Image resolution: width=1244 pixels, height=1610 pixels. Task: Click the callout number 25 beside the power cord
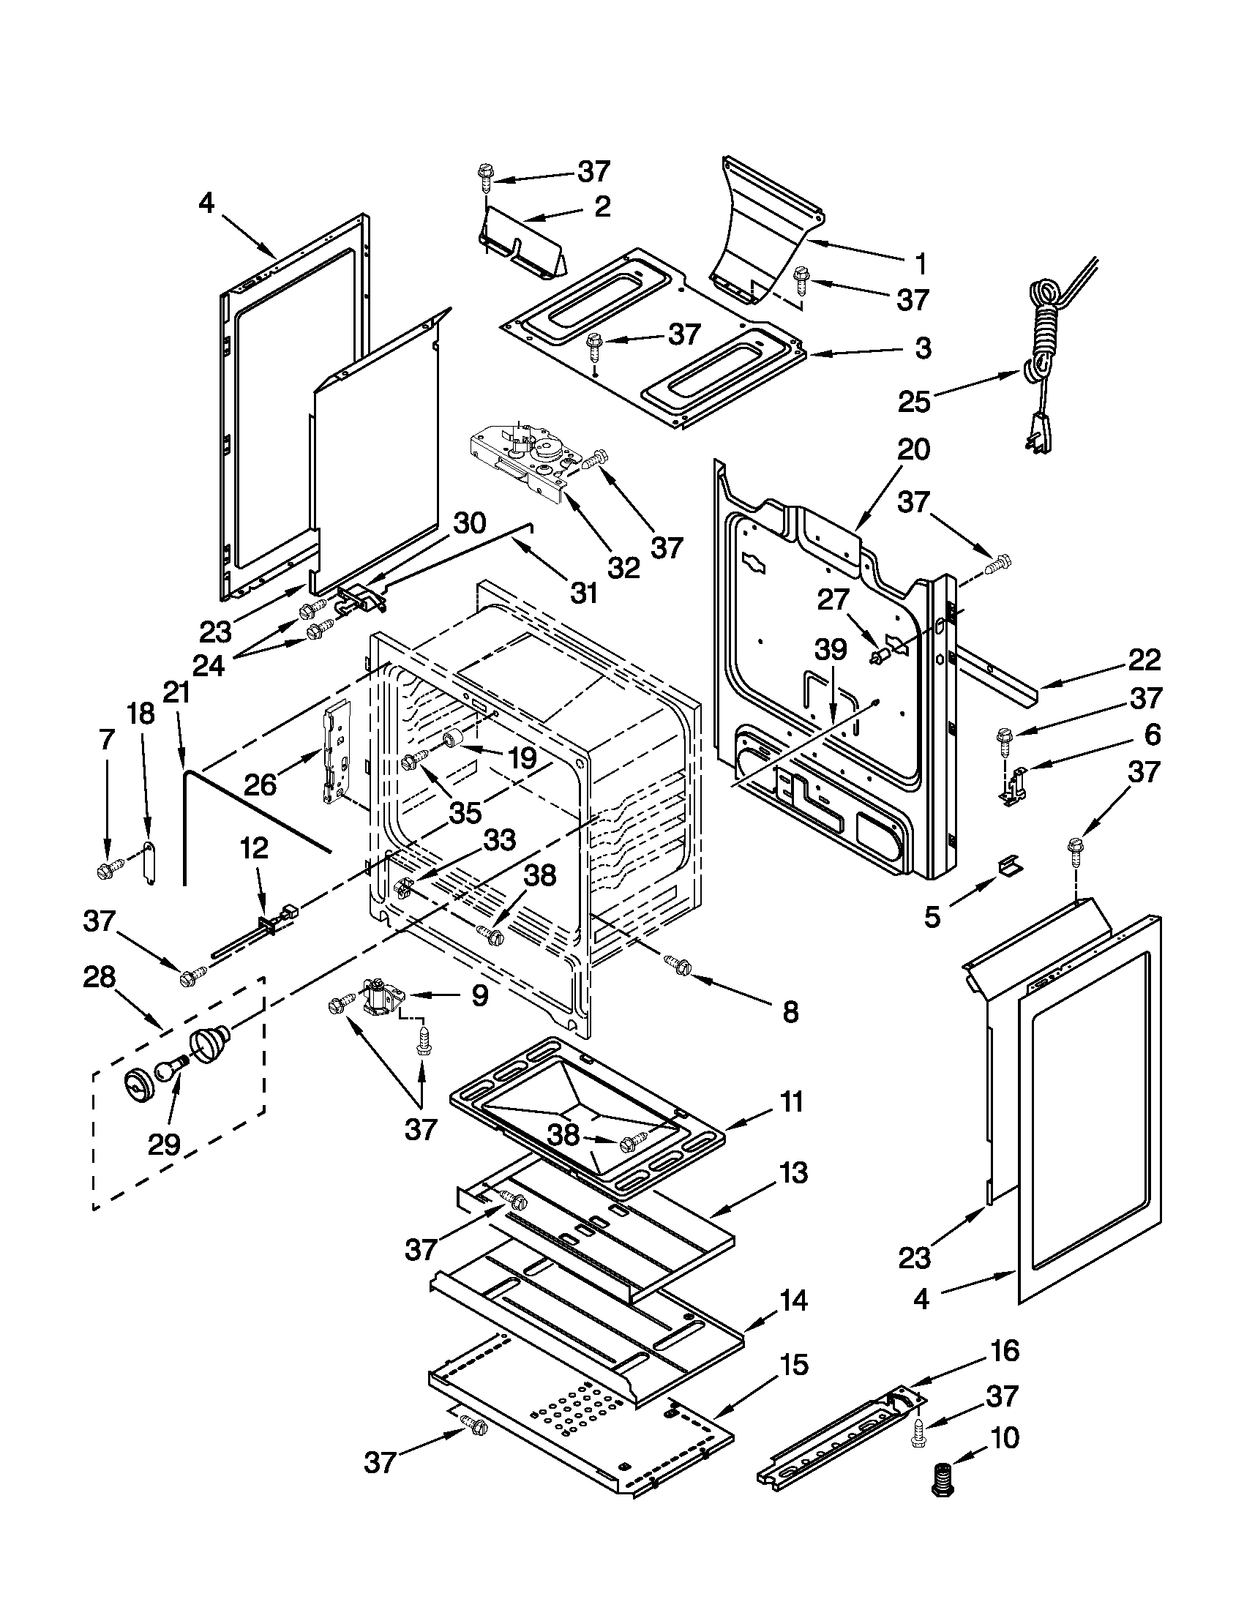913,402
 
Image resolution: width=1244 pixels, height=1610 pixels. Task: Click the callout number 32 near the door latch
623,567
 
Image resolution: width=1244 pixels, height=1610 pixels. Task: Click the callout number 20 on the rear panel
913,449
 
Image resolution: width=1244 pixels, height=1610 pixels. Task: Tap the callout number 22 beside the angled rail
1144,659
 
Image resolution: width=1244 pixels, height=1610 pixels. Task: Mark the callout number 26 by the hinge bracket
261,784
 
